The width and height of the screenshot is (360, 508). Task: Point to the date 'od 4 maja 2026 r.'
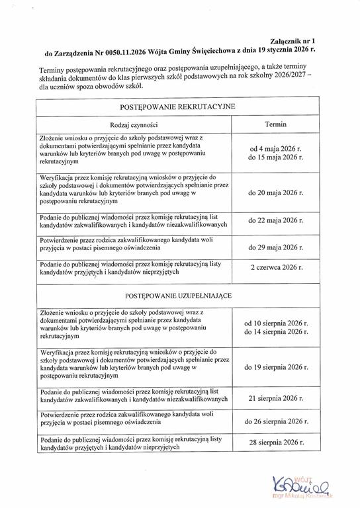[x=275, y=149]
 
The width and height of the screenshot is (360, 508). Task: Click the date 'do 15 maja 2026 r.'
[x=275, y=159]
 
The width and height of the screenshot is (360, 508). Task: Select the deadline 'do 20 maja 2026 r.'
[x=275, y=194]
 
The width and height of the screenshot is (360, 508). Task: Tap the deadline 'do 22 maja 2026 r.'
[x=275, y=222]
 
